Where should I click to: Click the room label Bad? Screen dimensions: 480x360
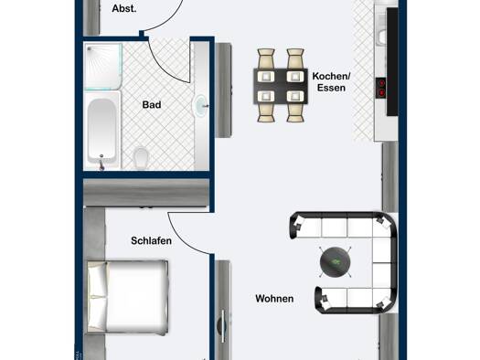pyautogui.click(x=152, y=105)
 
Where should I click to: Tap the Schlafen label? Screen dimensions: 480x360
pyautogui.click(x=151, y=240)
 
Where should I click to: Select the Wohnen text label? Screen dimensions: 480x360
pyautogui.click(x=274, y=299)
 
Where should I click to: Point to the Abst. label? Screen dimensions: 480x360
pyautogui.click(x=124, y=8)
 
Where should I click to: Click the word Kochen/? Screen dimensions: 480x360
pyautogui.click(x=331, y=76)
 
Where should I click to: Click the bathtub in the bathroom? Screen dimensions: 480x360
pyautogui.click(x=101, y=131)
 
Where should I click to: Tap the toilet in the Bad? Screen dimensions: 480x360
pyautogui.click(x=141, y=157)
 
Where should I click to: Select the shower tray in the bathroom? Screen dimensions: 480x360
pyautogui.click(x=103, y=67)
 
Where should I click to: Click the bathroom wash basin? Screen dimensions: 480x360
pyautogui.click(x=200, y=105)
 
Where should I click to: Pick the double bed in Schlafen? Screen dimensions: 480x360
pyautogui.click(x=128, y=297)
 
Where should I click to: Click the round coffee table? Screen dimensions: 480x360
pyautogui.click(x=336, y=262)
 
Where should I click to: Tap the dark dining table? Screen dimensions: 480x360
pyautogui.click(x=281, y=86)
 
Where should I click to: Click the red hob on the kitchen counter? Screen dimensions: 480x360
pyautogui.click(x=381, y=88)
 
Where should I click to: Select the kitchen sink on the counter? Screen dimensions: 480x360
pyautogui.click(x=382, y=37)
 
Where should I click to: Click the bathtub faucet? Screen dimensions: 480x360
pyautogui.click(x=101, y=164)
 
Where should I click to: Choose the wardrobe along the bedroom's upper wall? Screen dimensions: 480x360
pyautogui.click(x=146, y=193)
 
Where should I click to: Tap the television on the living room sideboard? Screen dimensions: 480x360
pyautogui.click(x=223, y=326)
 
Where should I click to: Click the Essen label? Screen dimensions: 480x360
pyautogui.click(x=331, y=88)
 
